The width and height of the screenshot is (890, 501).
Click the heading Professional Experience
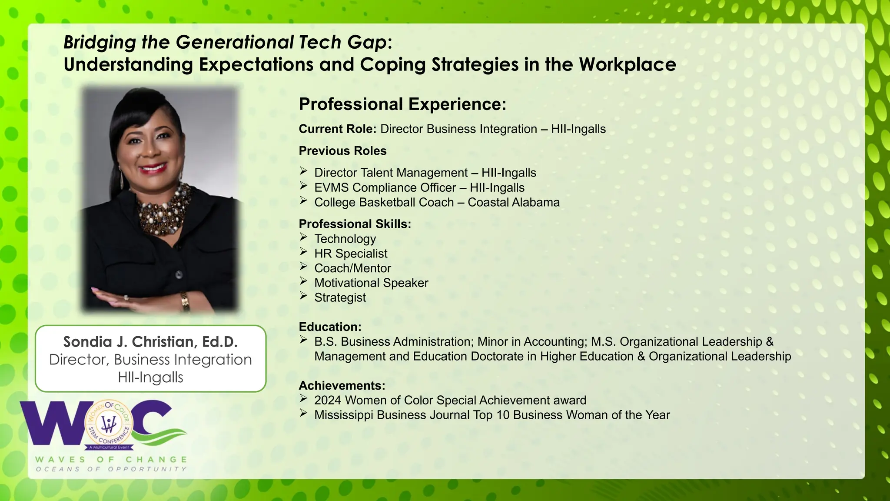[402, 104]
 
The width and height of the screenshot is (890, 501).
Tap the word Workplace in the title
[627, 64]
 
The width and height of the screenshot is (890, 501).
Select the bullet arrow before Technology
[303, 237]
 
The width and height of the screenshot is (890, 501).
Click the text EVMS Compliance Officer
[385, 187]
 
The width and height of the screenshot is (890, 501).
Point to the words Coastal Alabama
[513, 202]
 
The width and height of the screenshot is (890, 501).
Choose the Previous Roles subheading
[342, 151]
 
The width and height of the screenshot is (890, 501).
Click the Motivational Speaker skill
[371, 283]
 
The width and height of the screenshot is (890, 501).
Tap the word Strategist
[340, 297]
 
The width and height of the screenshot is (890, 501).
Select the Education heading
[330, 327]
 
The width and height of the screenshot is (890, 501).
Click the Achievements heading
[342, 385]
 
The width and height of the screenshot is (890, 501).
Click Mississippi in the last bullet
[343, 415]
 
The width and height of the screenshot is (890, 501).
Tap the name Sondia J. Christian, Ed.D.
[150, 342]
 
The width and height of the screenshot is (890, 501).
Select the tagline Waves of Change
[111, 459]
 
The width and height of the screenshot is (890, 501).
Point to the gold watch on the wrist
[186, 300]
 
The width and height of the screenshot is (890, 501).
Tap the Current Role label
[337, 129]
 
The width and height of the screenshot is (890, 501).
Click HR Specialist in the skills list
[351, 254]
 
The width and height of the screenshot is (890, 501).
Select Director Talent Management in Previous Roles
[391, 173]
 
